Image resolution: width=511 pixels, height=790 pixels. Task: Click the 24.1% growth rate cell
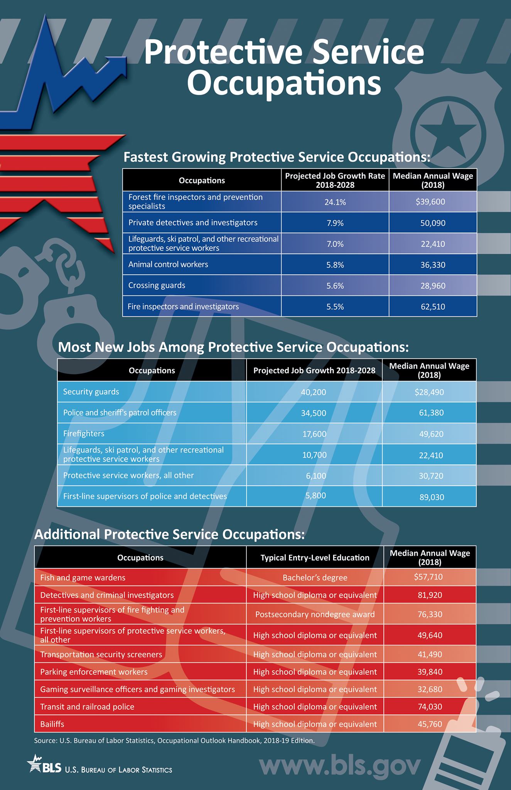[x=335, y=202]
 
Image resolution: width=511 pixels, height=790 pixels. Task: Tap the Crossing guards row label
[x=157, y=285]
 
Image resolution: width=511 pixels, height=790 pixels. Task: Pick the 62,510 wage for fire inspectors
[x=433, y=307]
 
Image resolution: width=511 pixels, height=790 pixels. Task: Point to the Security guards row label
[x=91, y=392]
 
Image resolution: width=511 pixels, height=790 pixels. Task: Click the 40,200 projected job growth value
[x=314, y=392]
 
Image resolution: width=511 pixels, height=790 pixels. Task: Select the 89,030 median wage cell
[x=432, y=497]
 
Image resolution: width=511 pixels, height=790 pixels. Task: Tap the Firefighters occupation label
[x=84, y=434]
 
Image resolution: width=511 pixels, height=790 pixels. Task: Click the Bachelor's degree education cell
[x=315, y=577]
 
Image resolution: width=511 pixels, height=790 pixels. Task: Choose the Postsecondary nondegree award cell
[x=315, y=614]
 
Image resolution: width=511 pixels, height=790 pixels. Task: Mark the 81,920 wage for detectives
[x=430, y=595]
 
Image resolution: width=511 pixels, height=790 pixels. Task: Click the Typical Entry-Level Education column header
[x=315, y=557]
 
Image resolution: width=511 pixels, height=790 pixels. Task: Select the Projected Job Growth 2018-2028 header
[x=314, y=370]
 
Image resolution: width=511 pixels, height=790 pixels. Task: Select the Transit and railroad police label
[x=87, y=707]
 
